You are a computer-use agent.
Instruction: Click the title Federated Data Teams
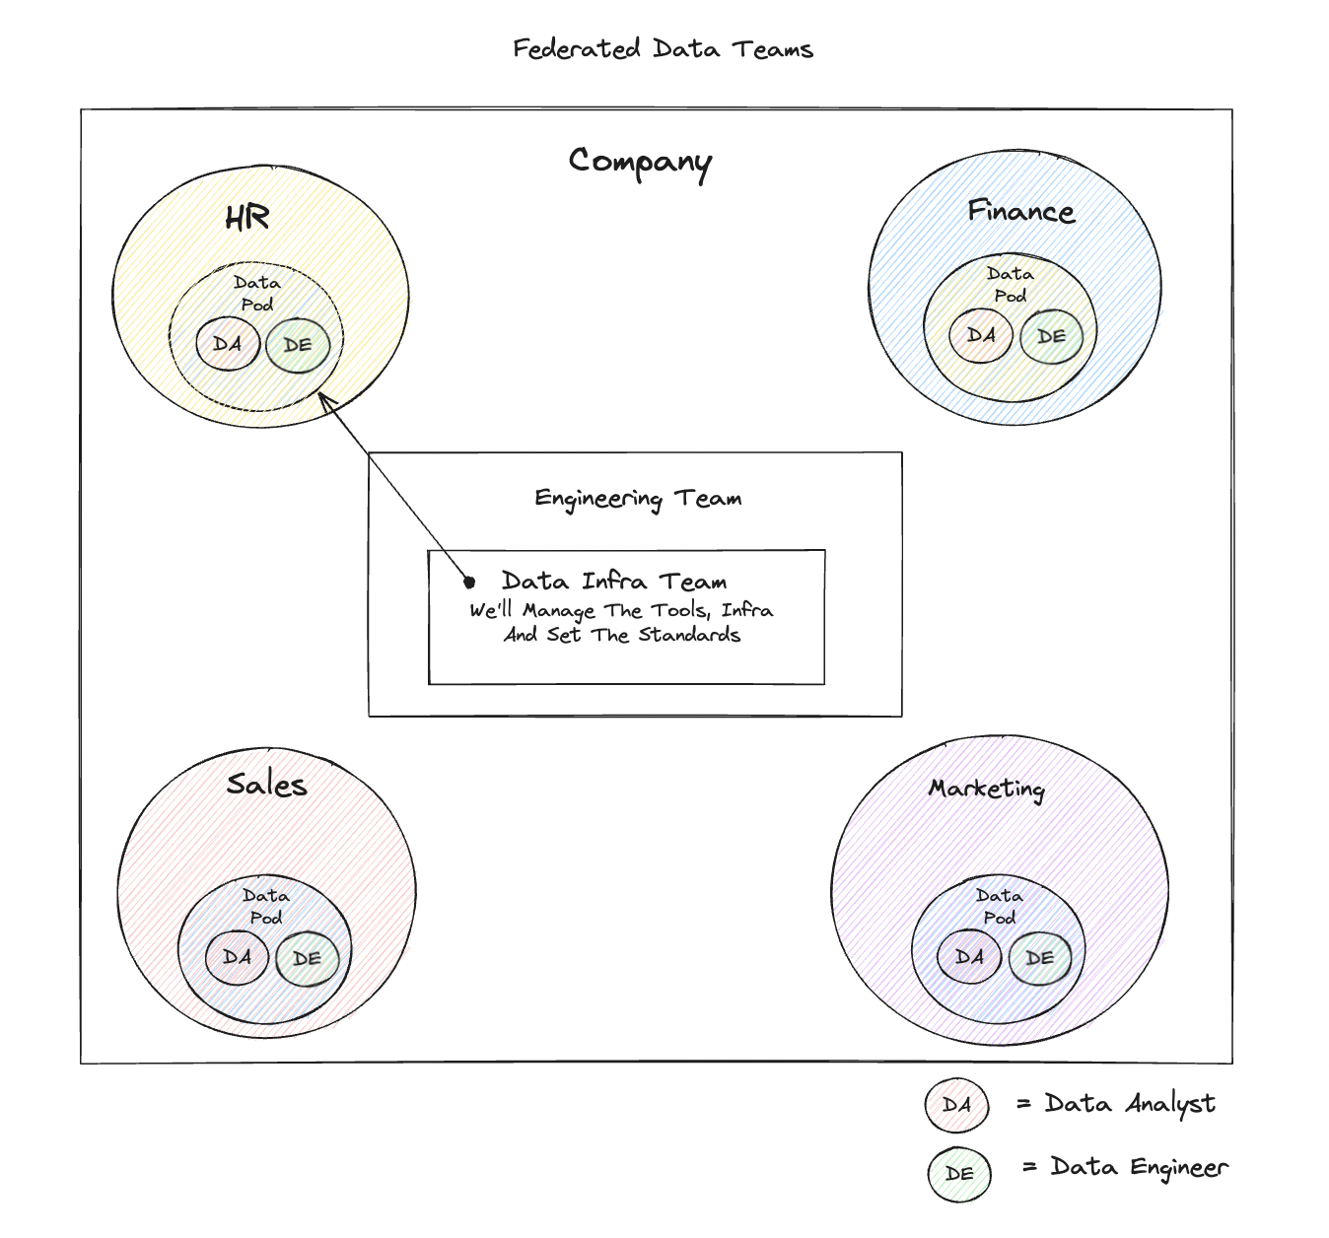[663, 49]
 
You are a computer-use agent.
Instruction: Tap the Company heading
[640, 162]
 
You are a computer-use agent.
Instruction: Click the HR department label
[246, 218]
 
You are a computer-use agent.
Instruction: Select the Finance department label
[1020, 212]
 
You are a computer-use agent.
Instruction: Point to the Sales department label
[266, 785]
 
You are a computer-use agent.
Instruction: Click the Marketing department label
[986, 789]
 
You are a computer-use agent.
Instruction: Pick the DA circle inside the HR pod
[228, 344]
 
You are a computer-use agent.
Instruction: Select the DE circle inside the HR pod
[298, 345]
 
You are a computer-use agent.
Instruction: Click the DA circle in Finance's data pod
[981, 335]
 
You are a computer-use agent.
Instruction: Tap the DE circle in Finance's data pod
[1051, 336]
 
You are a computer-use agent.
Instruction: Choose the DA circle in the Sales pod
[237, 957]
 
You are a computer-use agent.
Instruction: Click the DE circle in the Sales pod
[307, 958]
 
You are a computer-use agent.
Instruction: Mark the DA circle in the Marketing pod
[969, 957]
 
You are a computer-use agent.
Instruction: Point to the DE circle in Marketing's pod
[1039, 958]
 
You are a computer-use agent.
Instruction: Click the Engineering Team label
[638, 499]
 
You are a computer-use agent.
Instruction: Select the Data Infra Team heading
[613, 582]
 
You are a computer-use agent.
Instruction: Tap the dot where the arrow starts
[469, 583]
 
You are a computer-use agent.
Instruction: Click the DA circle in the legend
[956, 1105]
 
